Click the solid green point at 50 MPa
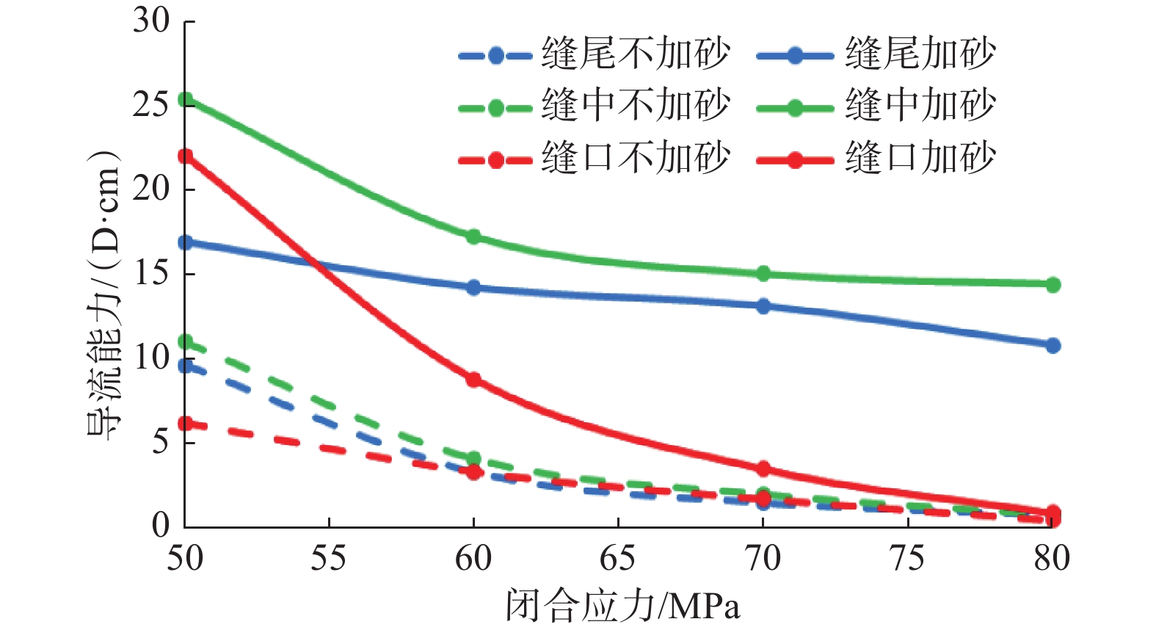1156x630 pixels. point(186,99)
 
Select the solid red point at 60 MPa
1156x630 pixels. point(473,380)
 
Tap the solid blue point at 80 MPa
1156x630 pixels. point(1053,345)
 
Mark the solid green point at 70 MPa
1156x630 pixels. point(763,274)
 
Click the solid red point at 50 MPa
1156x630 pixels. point(186,156)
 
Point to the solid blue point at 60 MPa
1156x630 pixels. point(473,287)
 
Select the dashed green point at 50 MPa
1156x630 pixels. point(186,342)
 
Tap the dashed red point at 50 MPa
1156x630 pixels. point(186,424)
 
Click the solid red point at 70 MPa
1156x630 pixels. point(763,468)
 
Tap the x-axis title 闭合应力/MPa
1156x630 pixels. point(622,607)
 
